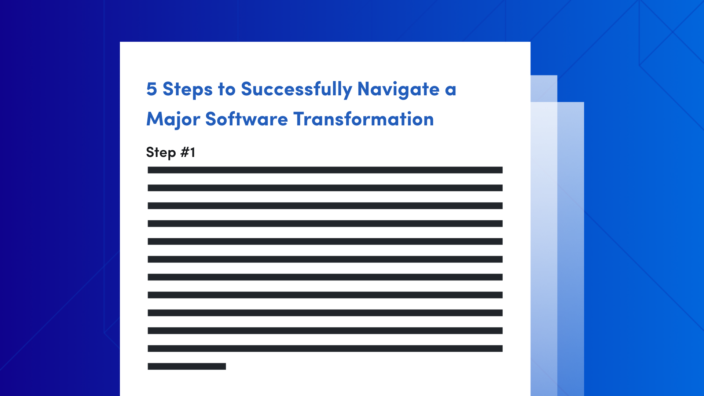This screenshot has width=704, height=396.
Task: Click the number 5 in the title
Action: [152, 89]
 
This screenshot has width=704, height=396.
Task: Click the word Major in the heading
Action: [173, 120]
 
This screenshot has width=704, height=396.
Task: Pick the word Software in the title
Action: [246, 120]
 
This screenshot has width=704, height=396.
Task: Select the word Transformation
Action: [363, 120]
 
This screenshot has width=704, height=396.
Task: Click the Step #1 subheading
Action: [170, 152]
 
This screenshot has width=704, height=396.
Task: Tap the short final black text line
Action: [187, 366]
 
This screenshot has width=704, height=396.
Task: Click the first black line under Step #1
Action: [325, 170]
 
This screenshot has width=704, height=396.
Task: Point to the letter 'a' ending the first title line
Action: [451, 90]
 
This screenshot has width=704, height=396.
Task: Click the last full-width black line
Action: [325, 348]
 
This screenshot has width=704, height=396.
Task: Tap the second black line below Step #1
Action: [325, 188]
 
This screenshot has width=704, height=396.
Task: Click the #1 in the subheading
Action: [188, 152]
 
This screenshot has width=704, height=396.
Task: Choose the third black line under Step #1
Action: [325, 206]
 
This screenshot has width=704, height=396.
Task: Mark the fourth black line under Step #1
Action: [325, 224]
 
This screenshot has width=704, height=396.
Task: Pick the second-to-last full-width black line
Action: [325, 331]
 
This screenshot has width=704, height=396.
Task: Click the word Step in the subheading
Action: [161, 153]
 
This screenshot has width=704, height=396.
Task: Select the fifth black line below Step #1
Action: [325, 242]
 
